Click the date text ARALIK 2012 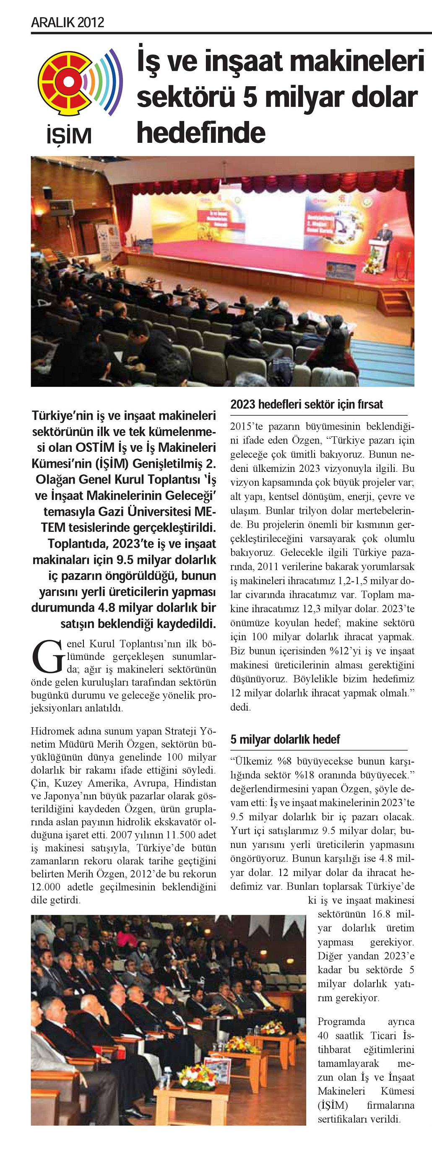pos(68,22)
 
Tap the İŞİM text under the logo pos(69,135)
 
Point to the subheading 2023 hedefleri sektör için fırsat pos(306,404)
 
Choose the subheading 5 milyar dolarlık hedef pos(285,739)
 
